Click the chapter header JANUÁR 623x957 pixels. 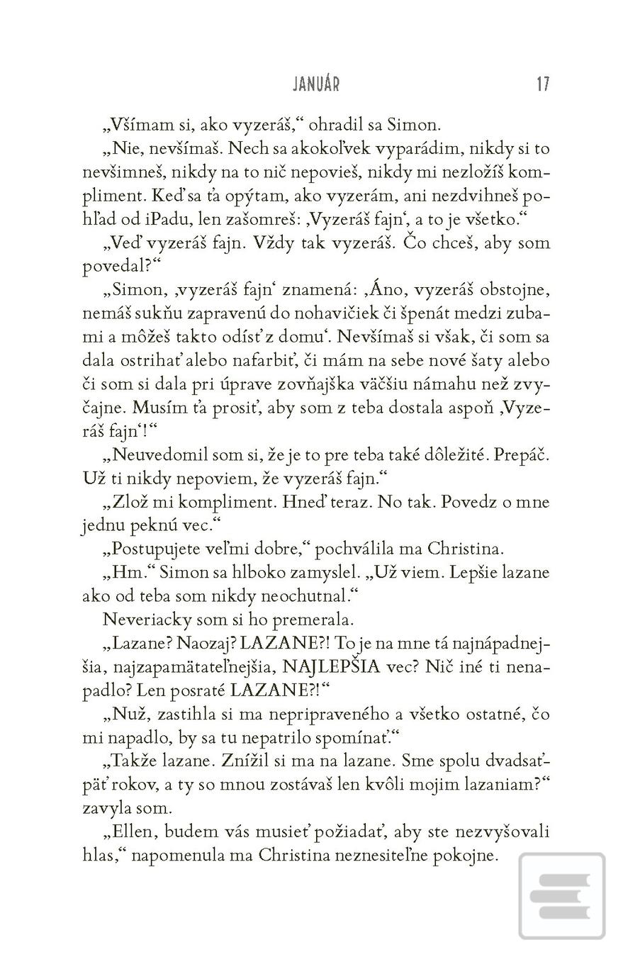[x=316, y=84]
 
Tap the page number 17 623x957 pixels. [x=543, y=84]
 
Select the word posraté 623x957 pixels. [x=201, y=689]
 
